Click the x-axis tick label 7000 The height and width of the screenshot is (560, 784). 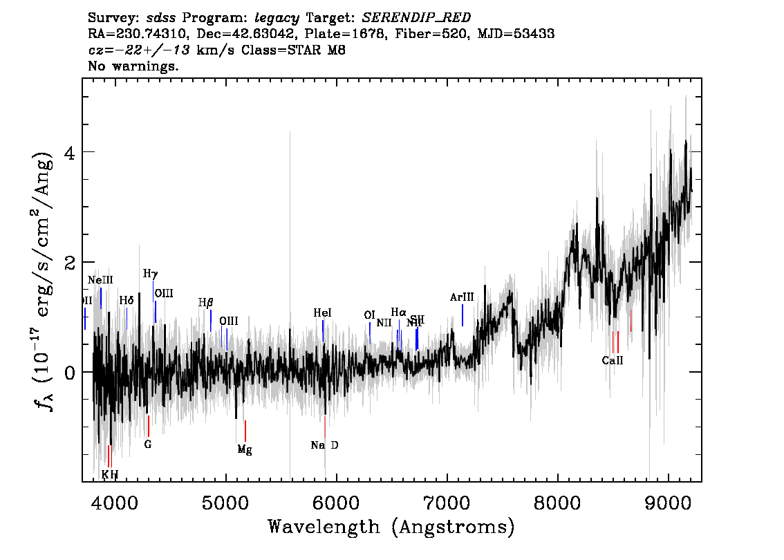[447, 501]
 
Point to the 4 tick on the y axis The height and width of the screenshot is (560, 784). [67, 152]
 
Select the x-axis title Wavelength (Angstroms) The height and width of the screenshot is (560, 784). [391, 527]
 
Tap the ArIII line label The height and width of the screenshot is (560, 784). [462, 297]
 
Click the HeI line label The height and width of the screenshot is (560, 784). [322, 313]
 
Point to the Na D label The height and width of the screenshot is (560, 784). [324, 445]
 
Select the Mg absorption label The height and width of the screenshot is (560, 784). [245, 449]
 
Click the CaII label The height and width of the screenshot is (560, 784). [613, 360]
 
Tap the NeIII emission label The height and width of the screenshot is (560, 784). [100, 280]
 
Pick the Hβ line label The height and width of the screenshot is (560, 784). [206, 303]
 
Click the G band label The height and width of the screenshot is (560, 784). [147, 445]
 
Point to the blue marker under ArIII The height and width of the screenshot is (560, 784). [462, 315]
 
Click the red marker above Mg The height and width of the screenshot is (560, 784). [245, 431]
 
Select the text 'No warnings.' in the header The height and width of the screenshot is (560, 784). [133, 67]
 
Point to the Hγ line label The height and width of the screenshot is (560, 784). [151, 274]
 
